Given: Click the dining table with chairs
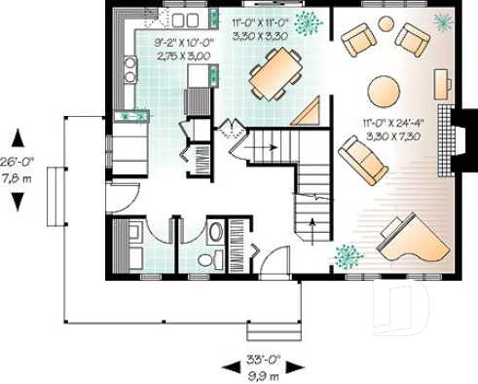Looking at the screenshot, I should click(x=274, y=73).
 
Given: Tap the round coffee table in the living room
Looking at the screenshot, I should click(x=384, y=92).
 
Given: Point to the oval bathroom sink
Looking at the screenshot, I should click(x=215, y=233).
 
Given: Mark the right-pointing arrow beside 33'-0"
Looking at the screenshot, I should click(x=292, y=366).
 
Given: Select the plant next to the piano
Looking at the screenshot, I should click(x=347, y=256).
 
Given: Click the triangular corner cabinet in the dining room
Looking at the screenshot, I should click(x=310, y=112).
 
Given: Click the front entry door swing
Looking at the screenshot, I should click(x=276, y=262).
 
